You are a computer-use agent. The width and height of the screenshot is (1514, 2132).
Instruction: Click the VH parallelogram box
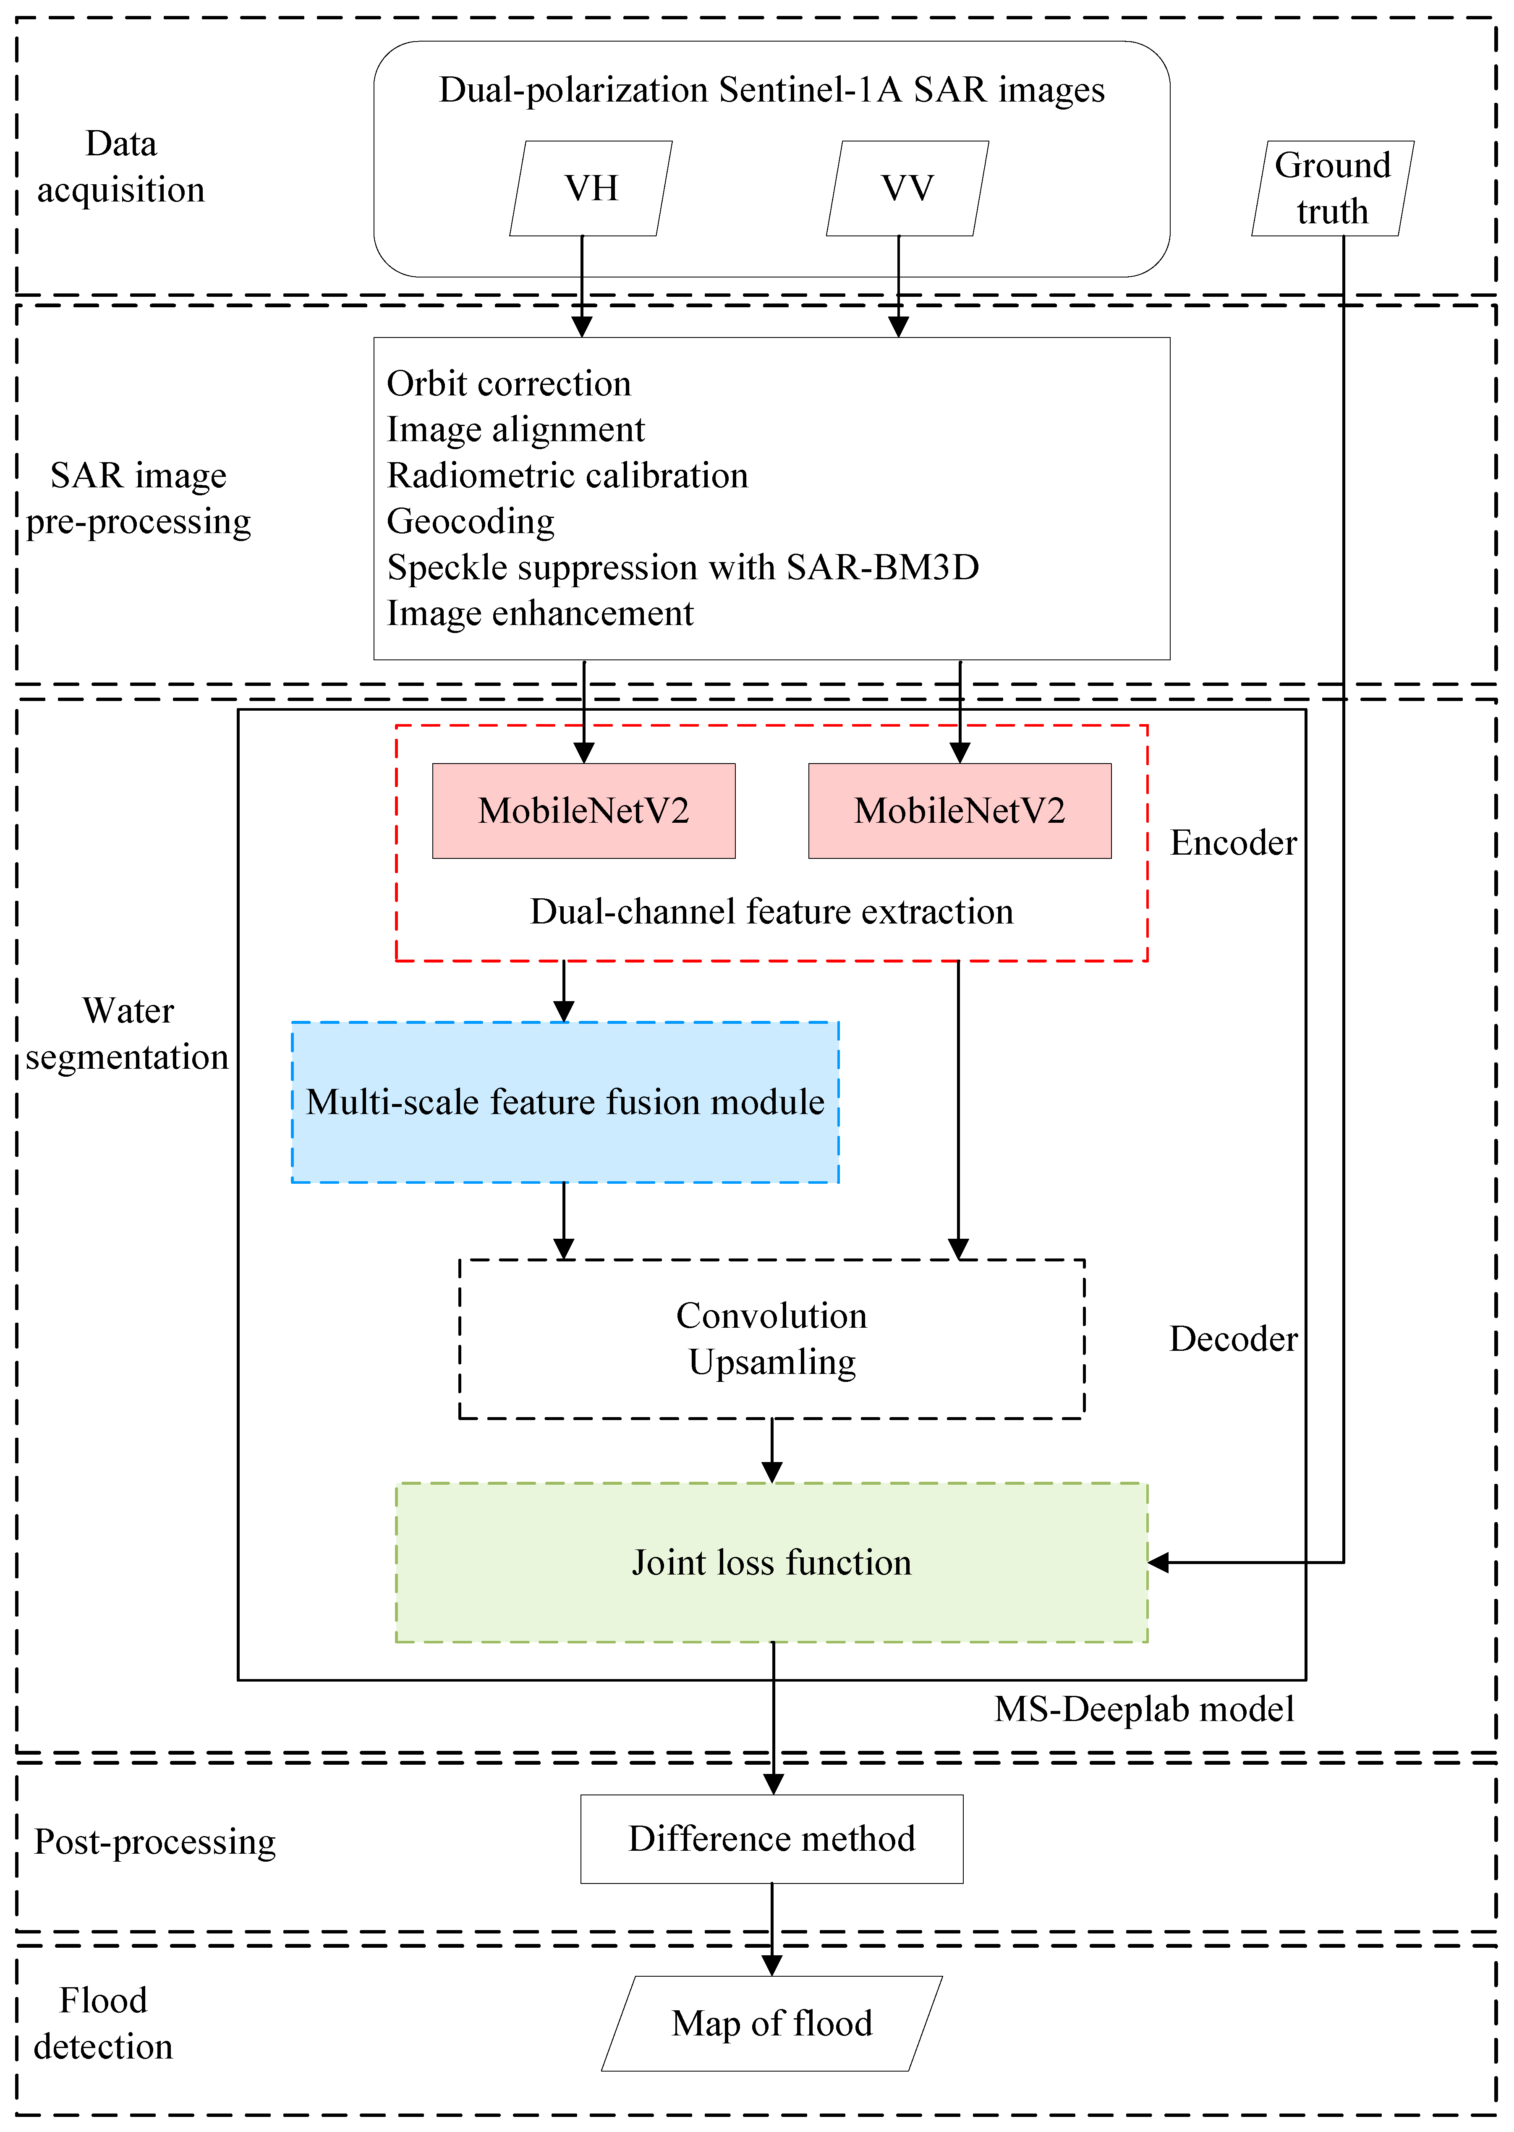coord(591,188)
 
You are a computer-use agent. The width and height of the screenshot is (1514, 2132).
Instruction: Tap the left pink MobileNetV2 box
coord(583,810)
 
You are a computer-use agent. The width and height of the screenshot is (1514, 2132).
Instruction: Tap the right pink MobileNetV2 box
coord(959,810)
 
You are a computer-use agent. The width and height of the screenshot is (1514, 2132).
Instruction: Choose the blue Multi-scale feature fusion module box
coord(565,1102)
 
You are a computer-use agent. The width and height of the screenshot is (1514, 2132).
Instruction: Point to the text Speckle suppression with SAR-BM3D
coord(682,567)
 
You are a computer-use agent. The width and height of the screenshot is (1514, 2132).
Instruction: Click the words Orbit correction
coord(509,383)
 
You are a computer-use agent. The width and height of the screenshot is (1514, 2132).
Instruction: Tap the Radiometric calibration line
coord(567,476)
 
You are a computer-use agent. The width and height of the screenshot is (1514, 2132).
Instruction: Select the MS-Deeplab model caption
coord(1144,1709)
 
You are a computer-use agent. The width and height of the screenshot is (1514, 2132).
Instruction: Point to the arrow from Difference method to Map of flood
coord(772,1928)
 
